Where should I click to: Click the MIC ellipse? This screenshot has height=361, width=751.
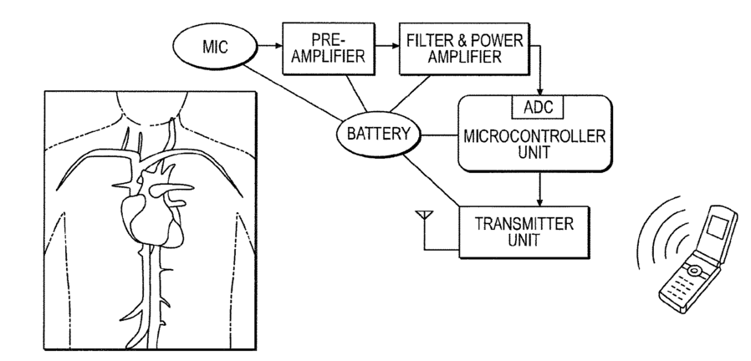pyautogui.click(x=215, y=47)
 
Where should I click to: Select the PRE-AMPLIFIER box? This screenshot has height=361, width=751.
pyautogui.click(x=329, y=48)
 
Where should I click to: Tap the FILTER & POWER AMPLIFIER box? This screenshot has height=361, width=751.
pyautogui.click(x=464, y=48)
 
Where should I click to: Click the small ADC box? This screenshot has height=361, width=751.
pyautogui.click(x=538, y=107)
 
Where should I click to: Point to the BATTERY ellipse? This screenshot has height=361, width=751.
pyautogui.click(x=378, y=134)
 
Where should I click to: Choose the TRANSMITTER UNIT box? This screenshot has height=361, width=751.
pyautogui.click(x=524, y=232)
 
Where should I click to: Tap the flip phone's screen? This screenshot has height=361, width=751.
pyautogui.click(x=717, y=226)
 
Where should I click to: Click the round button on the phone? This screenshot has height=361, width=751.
pyautogui.click(x=693, y=272)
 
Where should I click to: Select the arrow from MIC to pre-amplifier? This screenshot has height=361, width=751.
pyautogui.click(x=270, y=46)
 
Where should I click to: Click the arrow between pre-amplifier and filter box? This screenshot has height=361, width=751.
pyautogui.click(x=387, y=46)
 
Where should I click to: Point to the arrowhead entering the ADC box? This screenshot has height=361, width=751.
pyautogui.click(x=540, y=92)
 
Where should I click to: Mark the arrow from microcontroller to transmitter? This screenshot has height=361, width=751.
pyautogui.click(x=539, y=189)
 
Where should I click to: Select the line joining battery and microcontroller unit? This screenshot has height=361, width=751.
pyautogui.click(x=440, y=135)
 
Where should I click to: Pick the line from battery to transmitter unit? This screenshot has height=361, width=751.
pyautogui.click(x=431, y=180)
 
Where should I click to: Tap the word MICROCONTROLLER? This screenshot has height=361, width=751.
pyautogui.click(x=534, y=136)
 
